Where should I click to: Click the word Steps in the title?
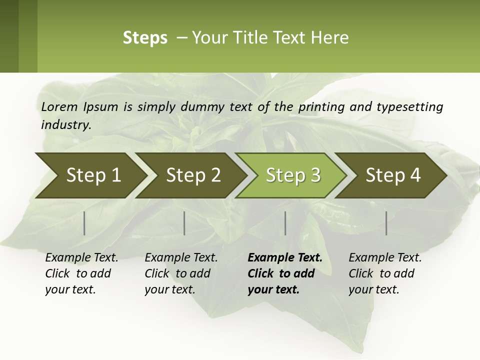pos(145,37)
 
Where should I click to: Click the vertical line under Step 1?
pos(84,223)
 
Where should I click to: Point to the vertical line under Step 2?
pos(184,223)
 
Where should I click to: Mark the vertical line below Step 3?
pos(285,223)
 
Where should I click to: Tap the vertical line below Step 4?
pos(386,223)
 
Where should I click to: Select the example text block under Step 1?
pos(81,273)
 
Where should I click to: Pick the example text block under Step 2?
pos(181,273)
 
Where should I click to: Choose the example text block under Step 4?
pos(385,273)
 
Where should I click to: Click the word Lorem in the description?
pos(59,106)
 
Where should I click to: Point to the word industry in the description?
pos(66,124)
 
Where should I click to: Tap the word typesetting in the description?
pos(409,107)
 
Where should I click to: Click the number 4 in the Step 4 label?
pos(415,175)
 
